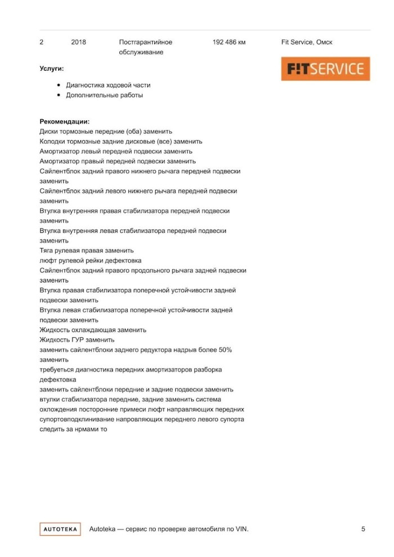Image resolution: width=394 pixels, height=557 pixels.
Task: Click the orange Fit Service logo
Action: (x=325, y=69)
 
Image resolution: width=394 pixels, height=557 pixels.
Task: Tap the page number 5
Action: (x=363, y=529)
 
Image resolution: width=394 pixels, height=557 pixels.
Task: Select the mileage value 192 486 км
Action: (x=229, y=42)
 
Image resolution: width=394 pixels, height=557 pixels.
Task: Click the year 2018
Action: (x=79, y=42)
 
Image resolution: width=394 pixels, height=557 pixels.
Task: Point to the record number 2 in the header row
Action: (x=42, y=42)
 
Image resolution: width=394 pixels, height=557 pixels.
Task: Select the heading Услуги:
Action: (x=52, y=69)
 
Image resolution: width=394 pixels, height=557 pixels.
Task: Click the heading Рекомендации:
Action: (x=65, y=121)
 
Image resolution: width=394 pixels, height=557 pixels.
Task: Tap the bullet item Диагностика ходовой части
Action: (x=108, y=85)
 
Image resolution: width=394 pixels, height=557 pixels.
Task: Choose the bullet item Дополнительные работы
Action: (x=104, y=96)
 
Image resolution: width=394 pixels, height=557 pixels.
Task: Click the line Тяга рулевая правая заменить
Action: (x=87, y=251)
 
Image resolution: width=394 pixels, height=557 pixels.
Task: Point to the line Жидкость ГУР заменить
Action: (x=77, y=340)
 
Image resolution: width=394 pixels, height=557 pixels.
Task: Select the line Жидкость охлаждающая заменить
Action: (x=93, y=330)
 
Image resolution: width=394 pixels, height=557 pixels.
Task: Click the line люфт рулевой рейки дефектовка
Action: (x=91, y=261)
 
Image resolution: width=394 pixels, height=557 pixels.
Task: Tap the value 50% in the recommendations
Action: (x=223, y=350)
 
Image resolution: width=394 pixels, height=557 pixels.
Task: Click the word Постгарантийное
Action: (x=146, y=42)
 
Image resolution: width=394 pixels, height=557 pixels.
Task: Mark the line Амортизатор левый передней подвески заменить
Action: (x=116, y=151)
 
